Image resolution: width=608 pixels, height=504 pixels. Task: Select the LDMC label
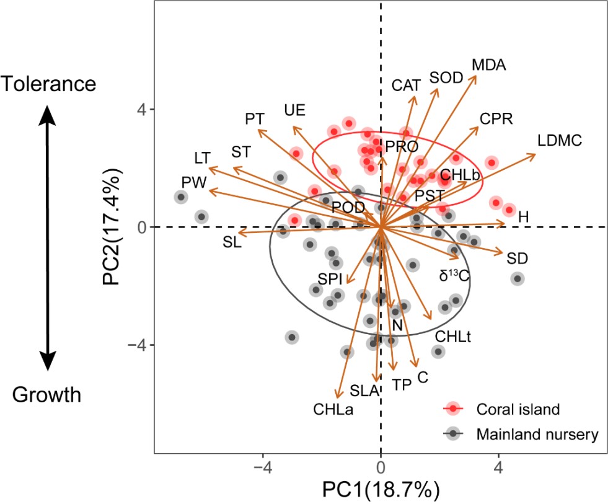[x=560, y=141]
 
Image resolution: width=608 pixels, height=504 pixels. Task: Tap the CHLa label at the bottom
[x=333, y=409]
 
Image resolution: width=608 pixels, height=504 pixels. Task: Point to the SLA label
[x=364, y=391]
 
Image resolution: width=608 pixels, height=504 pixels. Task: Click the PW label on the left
[x=193, y=182]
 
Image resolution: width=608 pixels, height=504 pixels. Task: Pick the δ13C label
[x=454, y=276]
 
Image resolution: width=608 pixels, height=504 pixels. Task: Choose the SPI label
[x=330, y=278]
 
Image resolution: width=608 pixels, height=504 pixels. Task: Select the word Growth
[x=47, y=394]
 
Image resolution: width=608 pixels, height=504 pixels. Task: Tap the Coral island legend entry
[x=518, y=409]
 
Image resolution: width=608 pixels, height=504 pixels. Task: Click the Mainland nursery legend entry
[x=537, y=434]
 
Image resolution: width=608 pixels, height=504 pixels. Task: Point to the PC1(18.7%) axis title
[x=380, y=489]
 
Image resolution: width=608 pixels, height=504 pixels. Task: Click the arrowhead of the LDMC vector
[x=534, y=154]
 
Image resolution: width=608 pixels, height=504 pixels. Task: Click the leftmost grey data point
[x=181, y=197]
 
